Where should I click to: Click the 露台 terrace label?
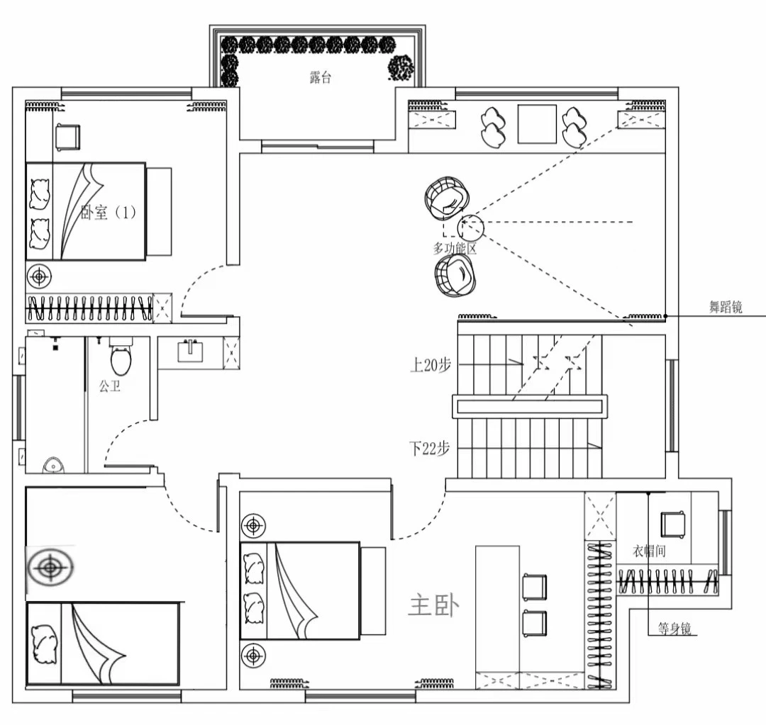pos(321,77)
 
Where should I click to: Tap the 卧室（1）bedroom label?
pos(108,213)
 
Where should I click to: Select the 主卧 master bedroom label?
pos(434,606)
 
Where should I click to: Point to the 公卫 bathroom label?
pos(109,387)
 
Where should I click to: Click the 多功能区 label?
pos(455,249)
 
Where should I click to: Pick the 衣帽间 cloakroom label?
pos(649,551)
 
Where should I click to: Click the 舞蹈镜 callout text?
pos(726,307)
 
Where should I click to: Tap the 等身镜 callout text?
pos(675,628)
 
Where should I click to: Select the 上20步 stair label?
pos(431,365)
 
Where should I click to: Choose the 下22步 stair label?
pos(429,448)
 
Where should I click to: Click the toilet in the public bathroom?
pos(121,356)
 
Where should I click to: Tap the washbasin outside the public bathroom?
pos(190,351)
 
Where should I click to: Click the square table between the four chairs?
pos(537,124)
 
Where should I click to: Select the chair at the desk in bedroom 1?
pos(67,137)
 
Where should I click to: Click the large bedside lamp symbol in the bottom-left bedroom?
pos(50,568)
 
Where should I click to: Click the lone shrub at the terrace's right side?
pos(401,67)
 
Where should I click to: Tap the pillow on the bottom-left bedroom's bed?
pos(44,644)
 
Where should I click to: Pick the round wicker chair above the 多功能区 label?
pos(447,198)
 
